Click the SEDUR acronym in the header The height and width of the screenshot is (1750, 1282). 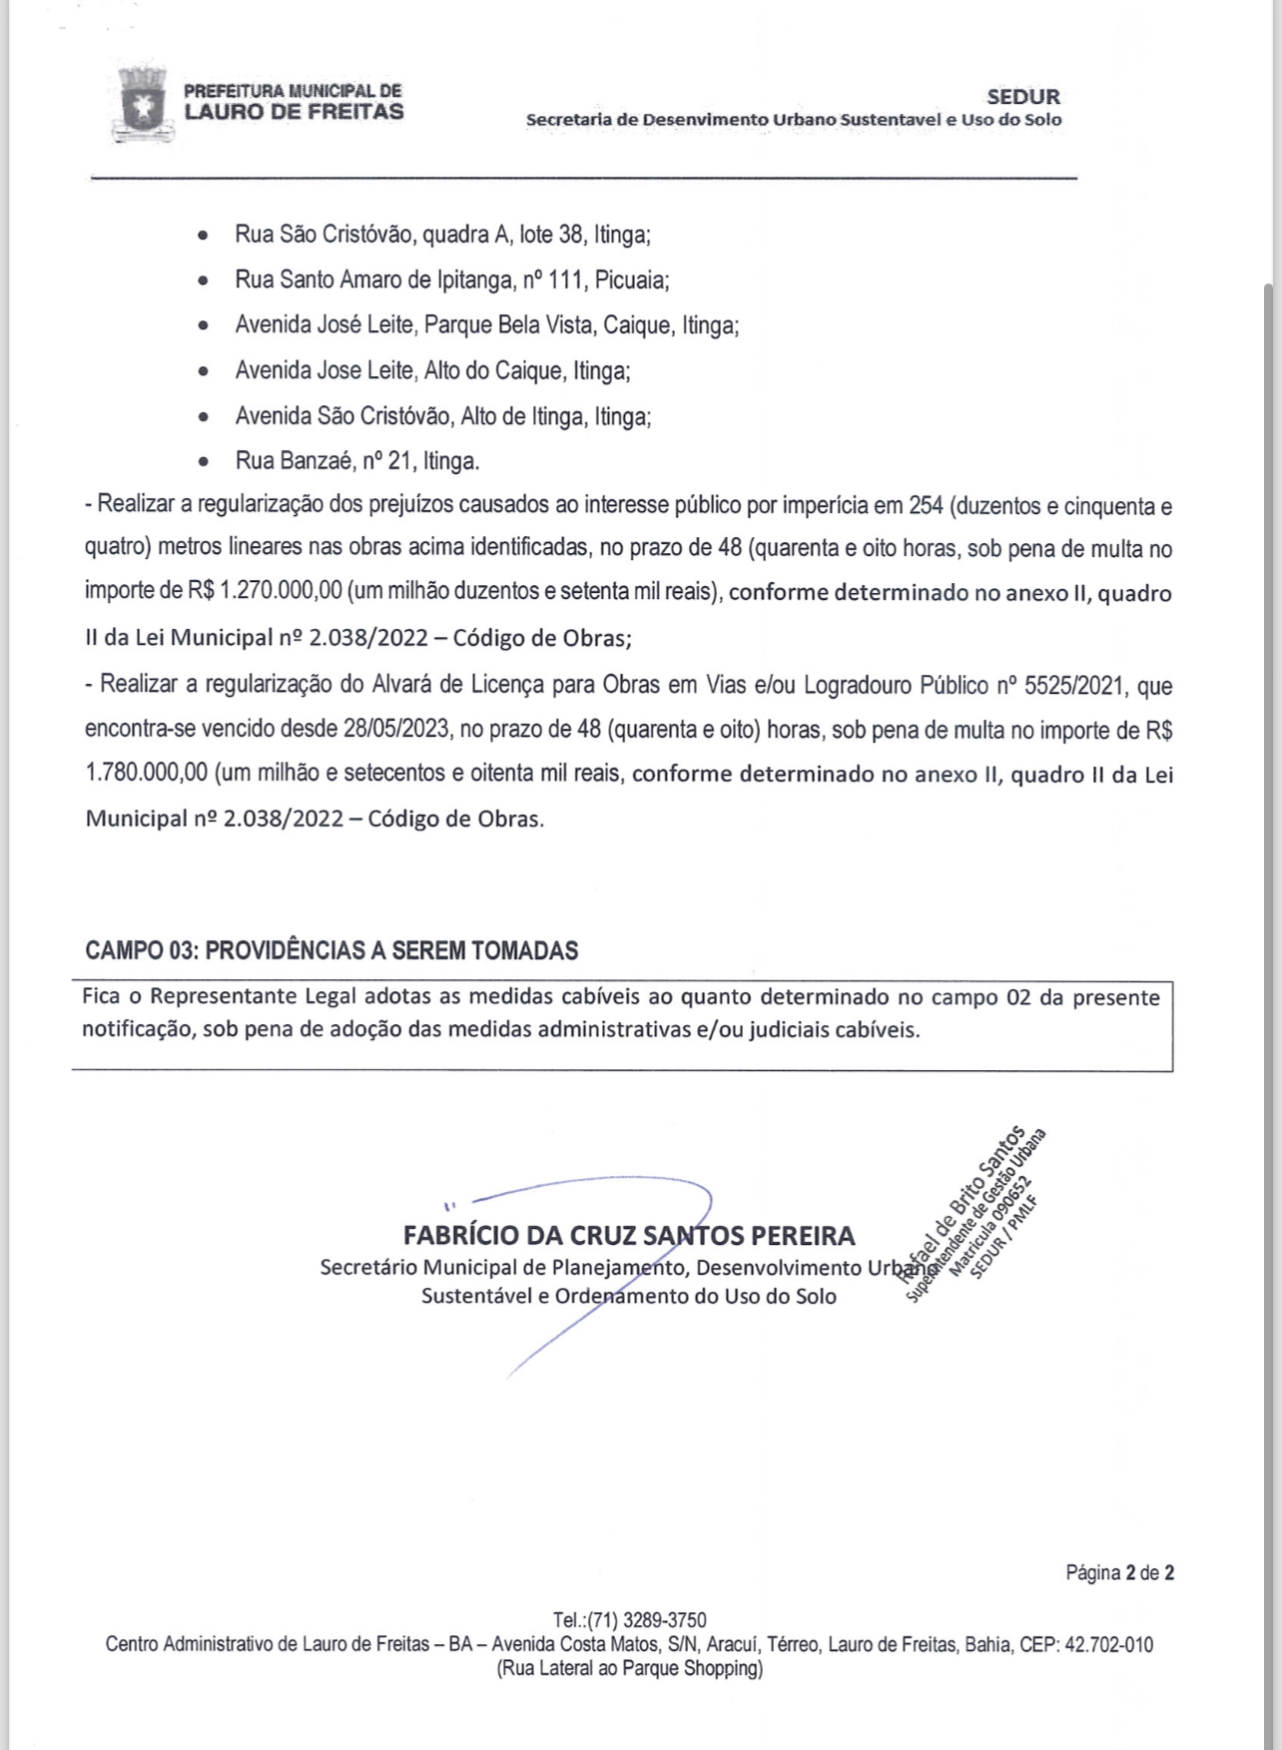pos(1023,97)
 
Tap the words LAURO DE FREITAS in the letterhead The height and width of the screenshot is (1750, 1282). pos(294,112)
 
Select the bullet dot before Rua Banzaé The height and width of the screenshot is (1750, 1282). pos(204,462)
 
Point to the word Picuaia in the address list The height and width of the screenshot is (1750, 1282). pos(631,281)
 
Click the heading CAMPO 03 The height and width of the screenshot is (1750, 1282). pos(139,949)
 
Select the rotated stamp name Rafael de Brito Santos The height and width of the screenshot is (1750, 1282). pos(961,1202)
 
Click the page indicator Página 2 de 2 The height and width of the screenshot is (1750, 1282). pos(1119,1572)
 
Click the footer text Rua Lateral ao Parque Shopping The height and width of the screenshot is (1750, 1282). pos(630,1668)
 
